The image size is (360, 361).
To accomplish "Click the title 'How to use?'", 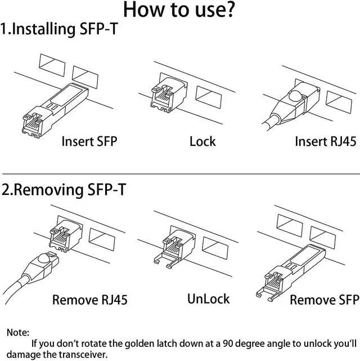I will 179,10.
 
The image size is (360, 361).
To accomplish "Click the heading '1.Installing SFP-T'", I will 59,29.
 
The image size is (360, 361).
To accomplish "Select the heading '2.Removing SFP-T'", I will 64,190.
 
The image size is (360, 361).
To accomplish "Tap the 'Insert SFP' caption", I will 89,141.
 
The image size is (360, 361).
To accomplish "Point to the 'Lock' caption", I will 202,141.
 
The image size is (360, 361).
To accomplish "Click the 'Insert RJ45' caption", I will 325,141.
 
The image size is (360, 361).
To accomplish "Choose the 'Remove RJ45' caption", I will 90,299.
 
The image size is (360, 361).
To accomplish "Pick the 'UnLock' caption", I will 208,297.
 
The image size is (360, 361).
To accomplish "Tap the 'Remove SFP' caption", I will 325,299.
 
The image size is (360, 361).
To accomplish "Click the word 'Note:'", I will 18,333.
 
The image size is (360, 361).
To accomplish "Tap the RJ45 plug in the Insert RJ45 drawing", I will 292,101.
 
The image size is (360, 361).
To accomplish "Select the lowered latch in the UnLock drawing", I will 169,260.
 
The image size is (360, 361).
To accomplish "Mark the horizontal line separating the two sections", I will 180,174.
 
